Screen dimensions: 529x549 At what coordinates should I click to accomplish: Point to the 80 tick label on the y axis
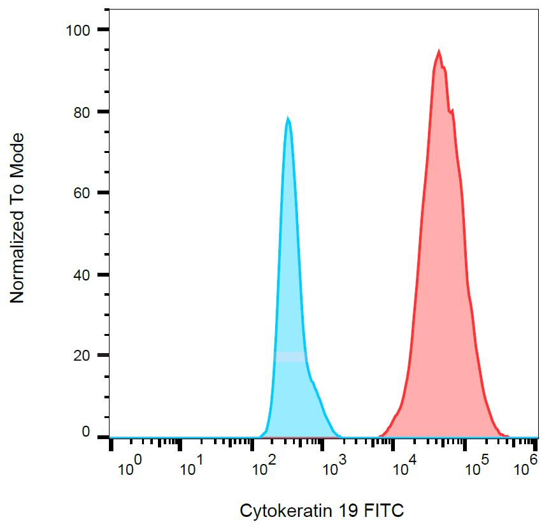coord(82,112)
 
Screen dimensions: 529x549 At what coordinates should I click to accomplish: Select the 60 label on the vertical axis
coord(82,193)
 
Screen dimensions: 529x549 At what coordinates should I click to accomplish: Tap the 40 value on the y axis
coord(82,275)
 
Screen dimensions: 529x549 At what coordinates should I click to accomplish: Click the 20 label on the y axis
coord(82,355)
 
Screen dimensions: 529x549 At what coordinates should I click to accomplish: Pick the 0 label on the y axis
coord(85,433)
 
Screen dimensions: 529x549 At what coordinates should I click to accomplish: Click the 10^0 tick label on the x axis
coord(129,468)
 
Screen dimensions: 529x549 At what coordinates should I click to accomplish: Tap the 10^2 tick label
coord(264,468)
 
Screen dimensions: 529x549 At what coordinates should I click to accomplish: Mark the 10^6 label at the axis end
coord(524,468)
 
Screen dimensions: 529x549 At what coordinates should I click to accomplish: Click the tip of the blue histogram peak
coord(288,118)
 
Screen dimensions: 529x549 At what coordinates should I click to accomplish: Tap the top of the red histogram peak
coord(439,50)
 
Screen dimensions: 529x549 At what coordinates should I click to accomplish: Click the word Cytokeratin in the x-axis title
coord(280,511)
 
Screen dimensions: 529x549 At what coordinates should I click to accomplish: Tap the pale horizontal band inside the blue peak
coord(290,357)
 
